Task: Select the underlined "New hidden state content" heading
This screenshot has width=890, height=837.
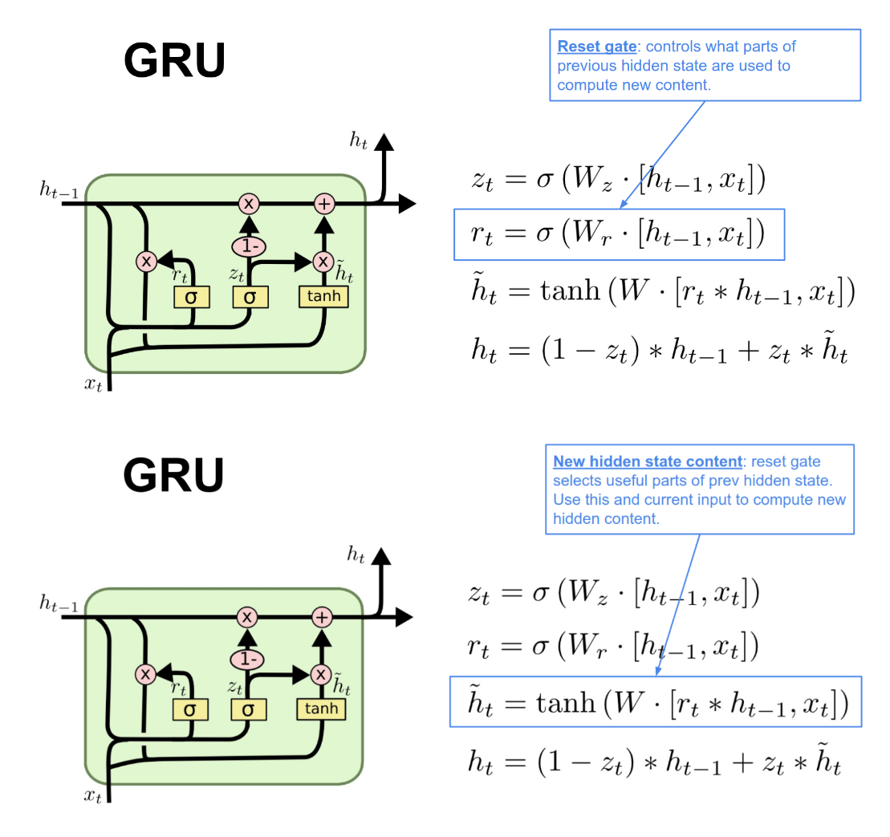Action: (647, 461)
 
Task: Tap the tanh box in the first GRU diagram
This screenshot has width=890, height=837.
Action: (324, 296)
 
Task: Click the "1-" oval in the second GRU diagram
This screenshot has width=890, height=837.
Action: (247, 659)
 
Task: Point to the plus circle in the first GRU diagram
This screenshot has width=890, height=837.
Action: (323, 203)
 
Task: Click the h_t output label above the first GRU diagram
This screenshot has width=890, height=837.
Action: (358, 140)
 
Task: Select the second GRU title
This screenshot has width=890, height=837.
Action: (173, 475)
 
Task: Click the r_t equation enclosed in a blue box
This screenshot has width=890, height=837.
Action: (618, 234)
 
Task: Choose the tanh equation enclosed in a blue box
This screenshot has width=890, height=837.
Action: (655, 703)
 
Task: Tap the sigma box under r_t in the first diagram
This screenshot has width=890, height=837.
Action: (191, 297)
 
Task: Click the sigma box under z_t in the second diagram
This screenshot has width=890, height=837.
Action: (248, 709)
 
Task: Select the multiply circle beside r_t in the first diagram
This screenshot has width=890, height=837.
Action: (146, 261)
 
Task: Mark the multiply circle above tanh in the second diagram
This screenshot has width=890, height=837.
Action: (322, 674)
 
